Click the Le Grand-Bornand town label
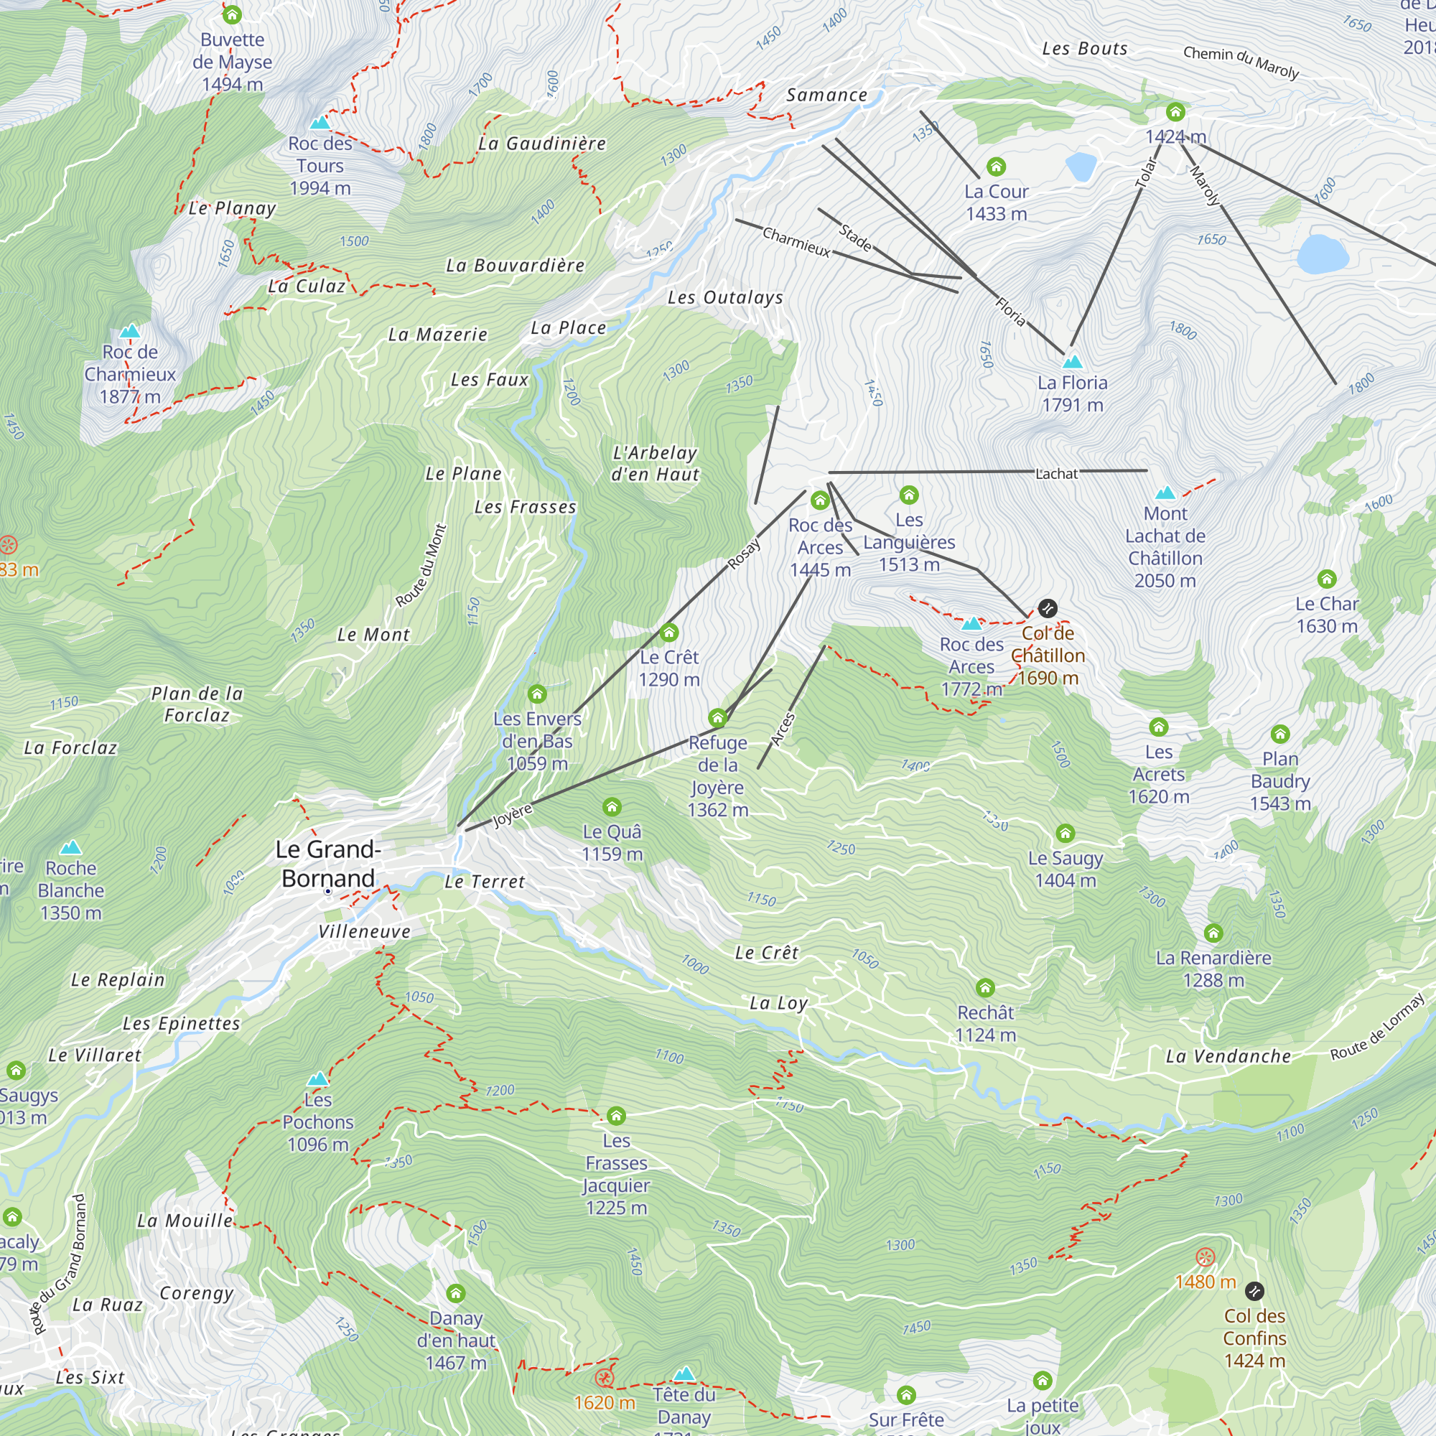point(328,864)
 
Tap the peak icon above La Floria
point(1072,362)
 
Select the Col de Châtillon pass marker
point(1048,609)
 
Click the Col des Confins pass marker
point(1254,1291)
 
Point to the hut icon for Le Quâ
point(612,807)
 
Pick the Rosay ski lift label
point(744,554)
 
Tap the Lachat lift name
point(1056,473)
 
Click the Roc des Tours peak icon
point(320,123)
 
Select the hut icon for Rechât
point(986,988)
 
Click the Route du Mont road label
point(421,566)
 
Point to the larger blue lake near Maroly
point(1323,254)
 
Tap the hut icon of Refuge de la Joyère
point(717,718)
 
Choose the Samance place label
point(826,95)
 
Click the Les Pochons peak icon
point(317,1078)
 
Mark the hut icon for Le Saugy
point(1065,833)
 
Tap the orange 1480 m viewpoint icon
point(1206,1258)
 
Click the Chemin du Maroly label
point(1241,62)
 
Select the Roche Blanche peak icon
point(70,847)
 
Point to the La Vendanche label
point(1228,1056)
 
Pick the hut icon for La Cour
point(996,167)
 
